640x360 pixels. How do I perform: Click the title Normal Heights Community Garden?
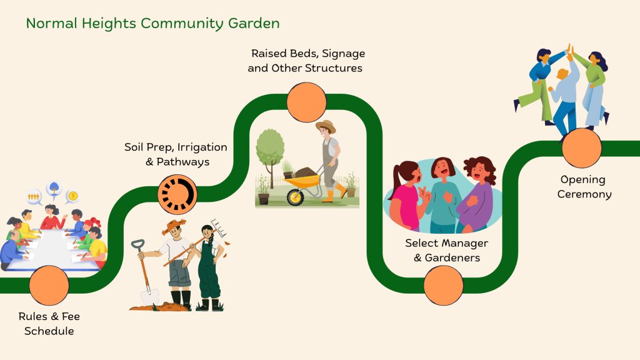tap(152, 24)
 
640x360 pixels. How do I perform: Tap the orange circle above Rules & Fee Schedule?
tap(49, 285)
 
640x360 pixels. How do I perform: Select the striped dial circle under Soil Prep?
tap(177, 195)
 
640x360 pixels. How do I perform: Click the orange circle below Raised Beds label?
tap(306, 102)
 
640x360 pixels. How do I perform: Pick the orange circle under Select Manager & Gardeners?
tap(443, 285)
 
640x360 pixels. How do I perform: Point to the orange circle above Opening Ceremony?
tap(582, 148)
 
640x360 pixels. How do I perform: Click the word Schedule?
tap(49, 331)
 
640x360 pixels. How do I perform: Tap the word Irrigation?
tap(202, 147)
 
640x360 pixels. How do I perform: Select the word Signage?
tap(343, 54)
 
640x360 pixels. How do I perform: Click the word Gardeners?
tap(452, 258)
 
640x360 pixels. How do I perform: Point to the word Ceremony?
tap(584, 194)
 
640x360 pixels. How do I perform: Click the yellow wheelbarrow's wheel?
tap(295, 197)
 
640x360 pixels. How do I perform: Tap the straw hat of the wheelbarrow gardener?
tap(326, 126)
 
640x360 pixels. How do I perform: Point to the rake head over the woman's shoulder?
tap(218, 228)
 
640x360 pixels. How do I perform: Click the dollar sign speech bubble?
tap(72, 197)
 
